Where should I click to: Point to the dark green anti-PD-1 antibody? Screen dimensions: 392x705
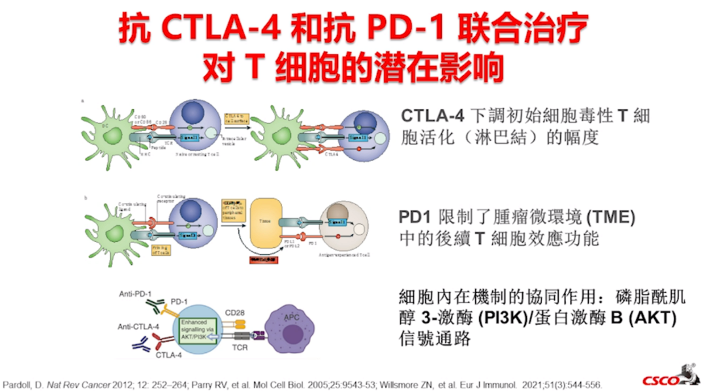tap(155, 306)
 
